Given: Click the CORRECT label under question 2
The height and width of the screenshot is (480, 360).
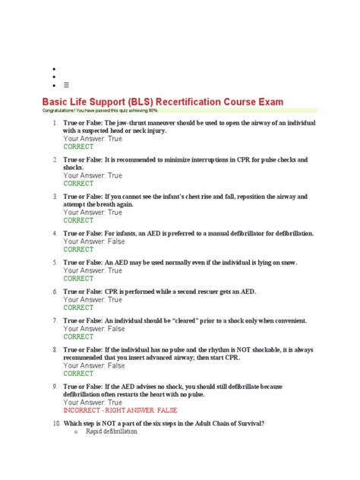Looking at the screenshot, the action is (78, 183).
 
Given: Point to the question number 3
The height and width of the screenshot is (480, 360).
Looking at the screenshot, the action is (55, 197).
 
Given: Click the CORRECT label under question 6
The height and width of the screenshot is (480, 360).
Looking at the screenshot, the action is (78, 308).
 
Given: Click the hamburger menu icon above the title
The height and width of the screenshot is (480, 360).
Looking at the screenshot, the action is (65, 85).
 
